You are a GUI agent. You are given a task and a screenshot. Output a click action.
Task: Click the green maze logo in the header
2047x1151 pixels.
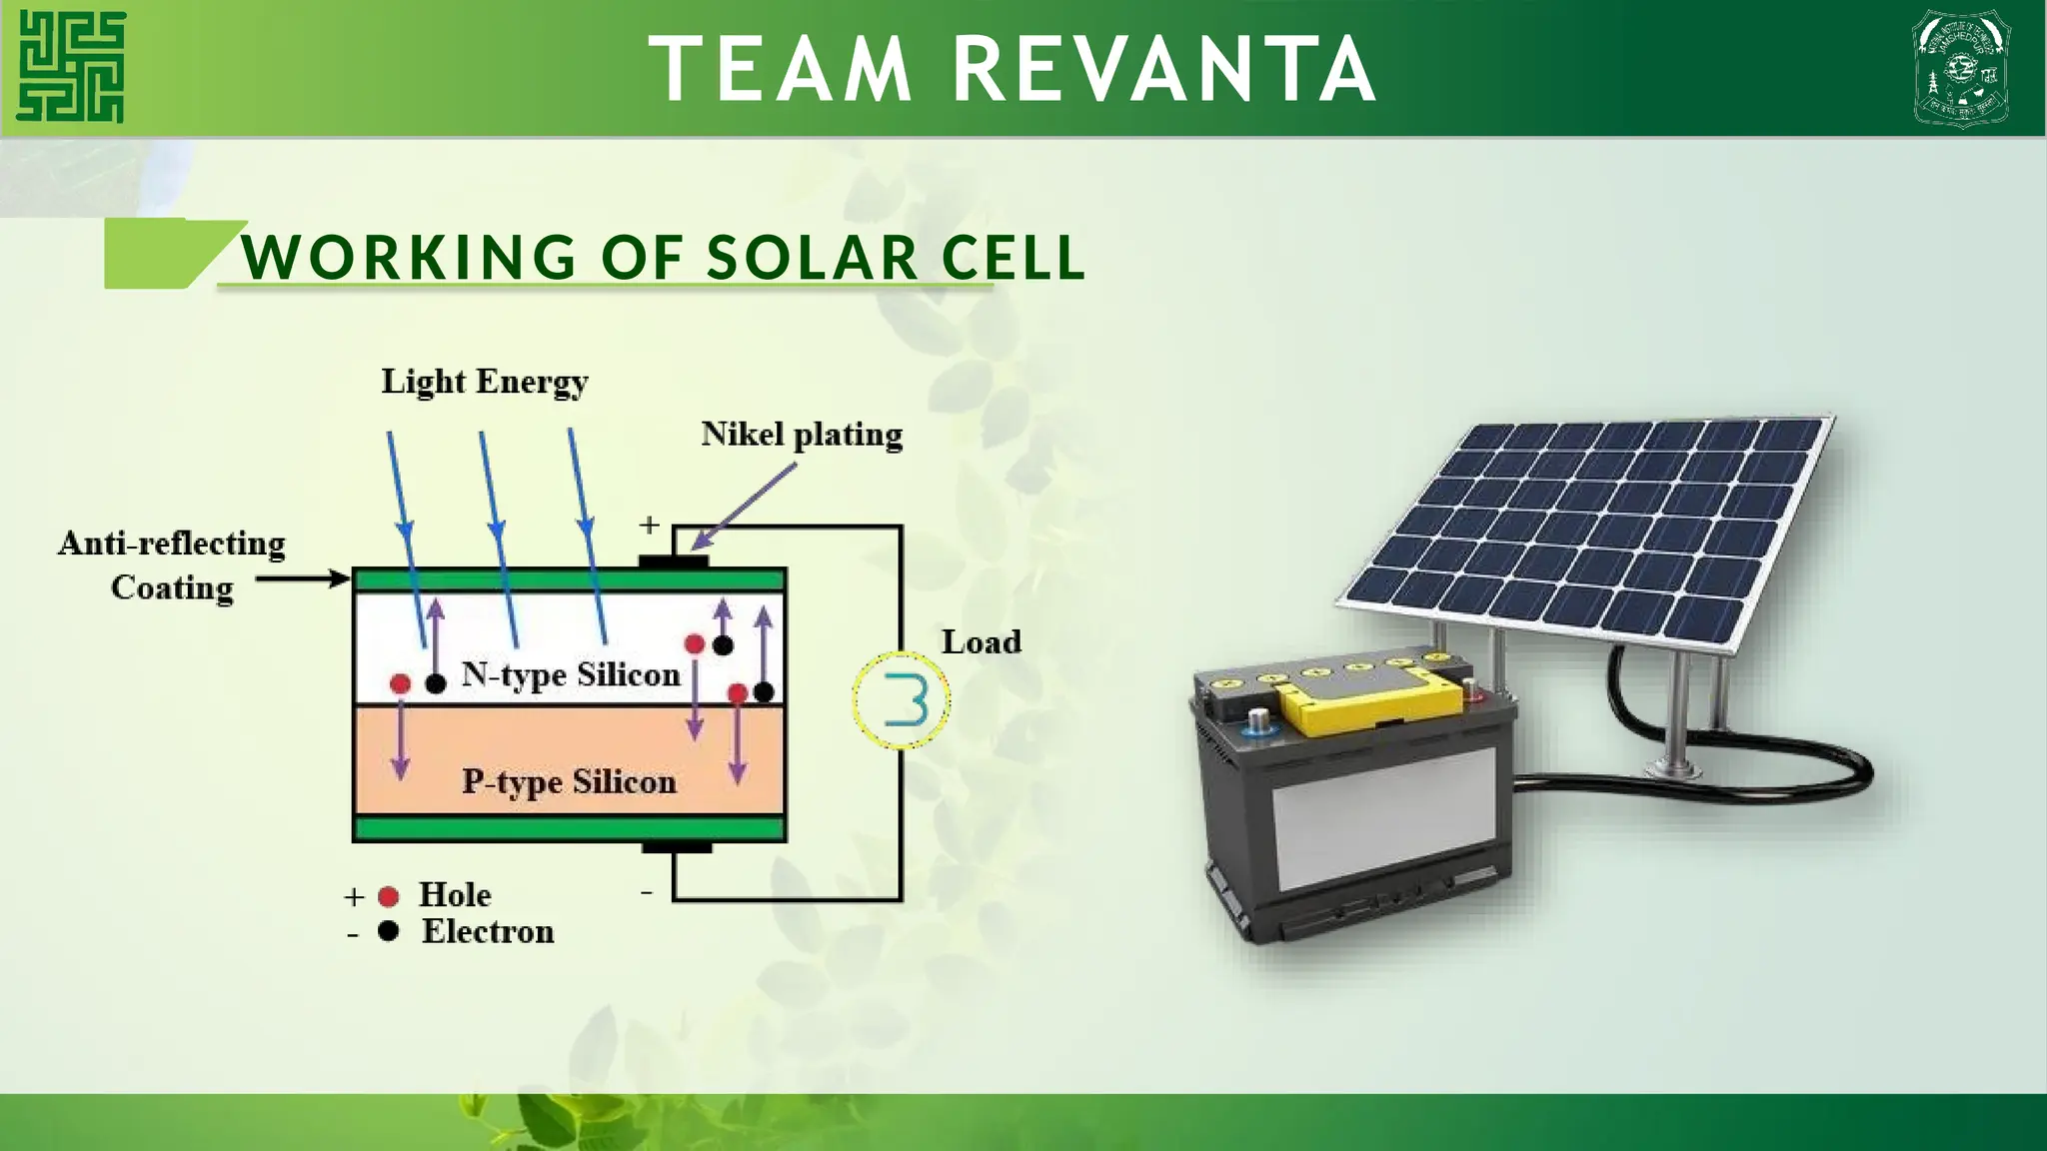(71, 67)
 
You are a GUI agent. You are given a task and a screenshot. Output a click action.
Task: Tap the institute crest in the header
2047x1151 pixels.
(1960, 68)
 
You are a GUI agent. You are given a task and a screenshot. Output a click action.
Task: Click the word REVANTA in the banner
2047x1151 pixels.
(1165, 69)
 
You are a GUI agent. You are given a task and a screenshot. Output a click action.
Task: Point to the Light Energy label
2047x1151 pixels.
(485, 382)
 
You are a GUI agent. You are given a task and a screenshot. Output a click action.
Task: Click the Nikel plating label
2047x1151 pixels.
(802, 435)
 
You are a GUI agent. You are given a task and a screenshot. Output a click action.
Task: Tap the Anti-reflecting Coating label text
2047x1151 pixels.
(172, 566)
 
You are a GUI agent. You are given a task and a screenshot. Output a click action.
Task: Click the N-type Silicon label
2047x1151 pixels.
(571, 674)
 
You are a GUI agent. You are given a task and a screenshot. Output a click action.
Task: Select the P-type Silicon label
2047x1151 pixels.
(569, 781)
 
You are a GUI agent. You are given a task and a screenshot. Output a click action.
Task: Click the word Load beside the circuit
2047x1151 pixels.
(981, 641)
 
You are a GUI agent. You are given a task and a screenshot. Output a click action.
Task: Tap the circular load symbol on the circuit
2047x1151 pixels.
(902, 699)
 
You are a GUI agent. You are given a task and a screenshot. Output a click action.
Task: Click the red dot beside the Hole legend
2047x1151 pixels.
(389, 896)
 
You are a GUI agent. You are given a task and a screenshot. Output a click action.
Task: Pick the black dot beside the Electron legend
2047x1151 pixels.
(389, 931)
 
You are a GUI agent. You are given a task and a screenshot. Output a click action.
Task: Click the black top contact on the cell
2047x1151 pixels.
(674, 563)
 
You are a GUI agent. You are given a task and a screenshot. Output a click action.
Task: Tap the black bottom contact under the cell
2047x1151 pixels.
(677, 848)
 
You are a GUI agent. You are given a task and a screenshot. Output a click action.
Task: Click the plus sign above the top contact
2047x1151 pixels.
(650, 525)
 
